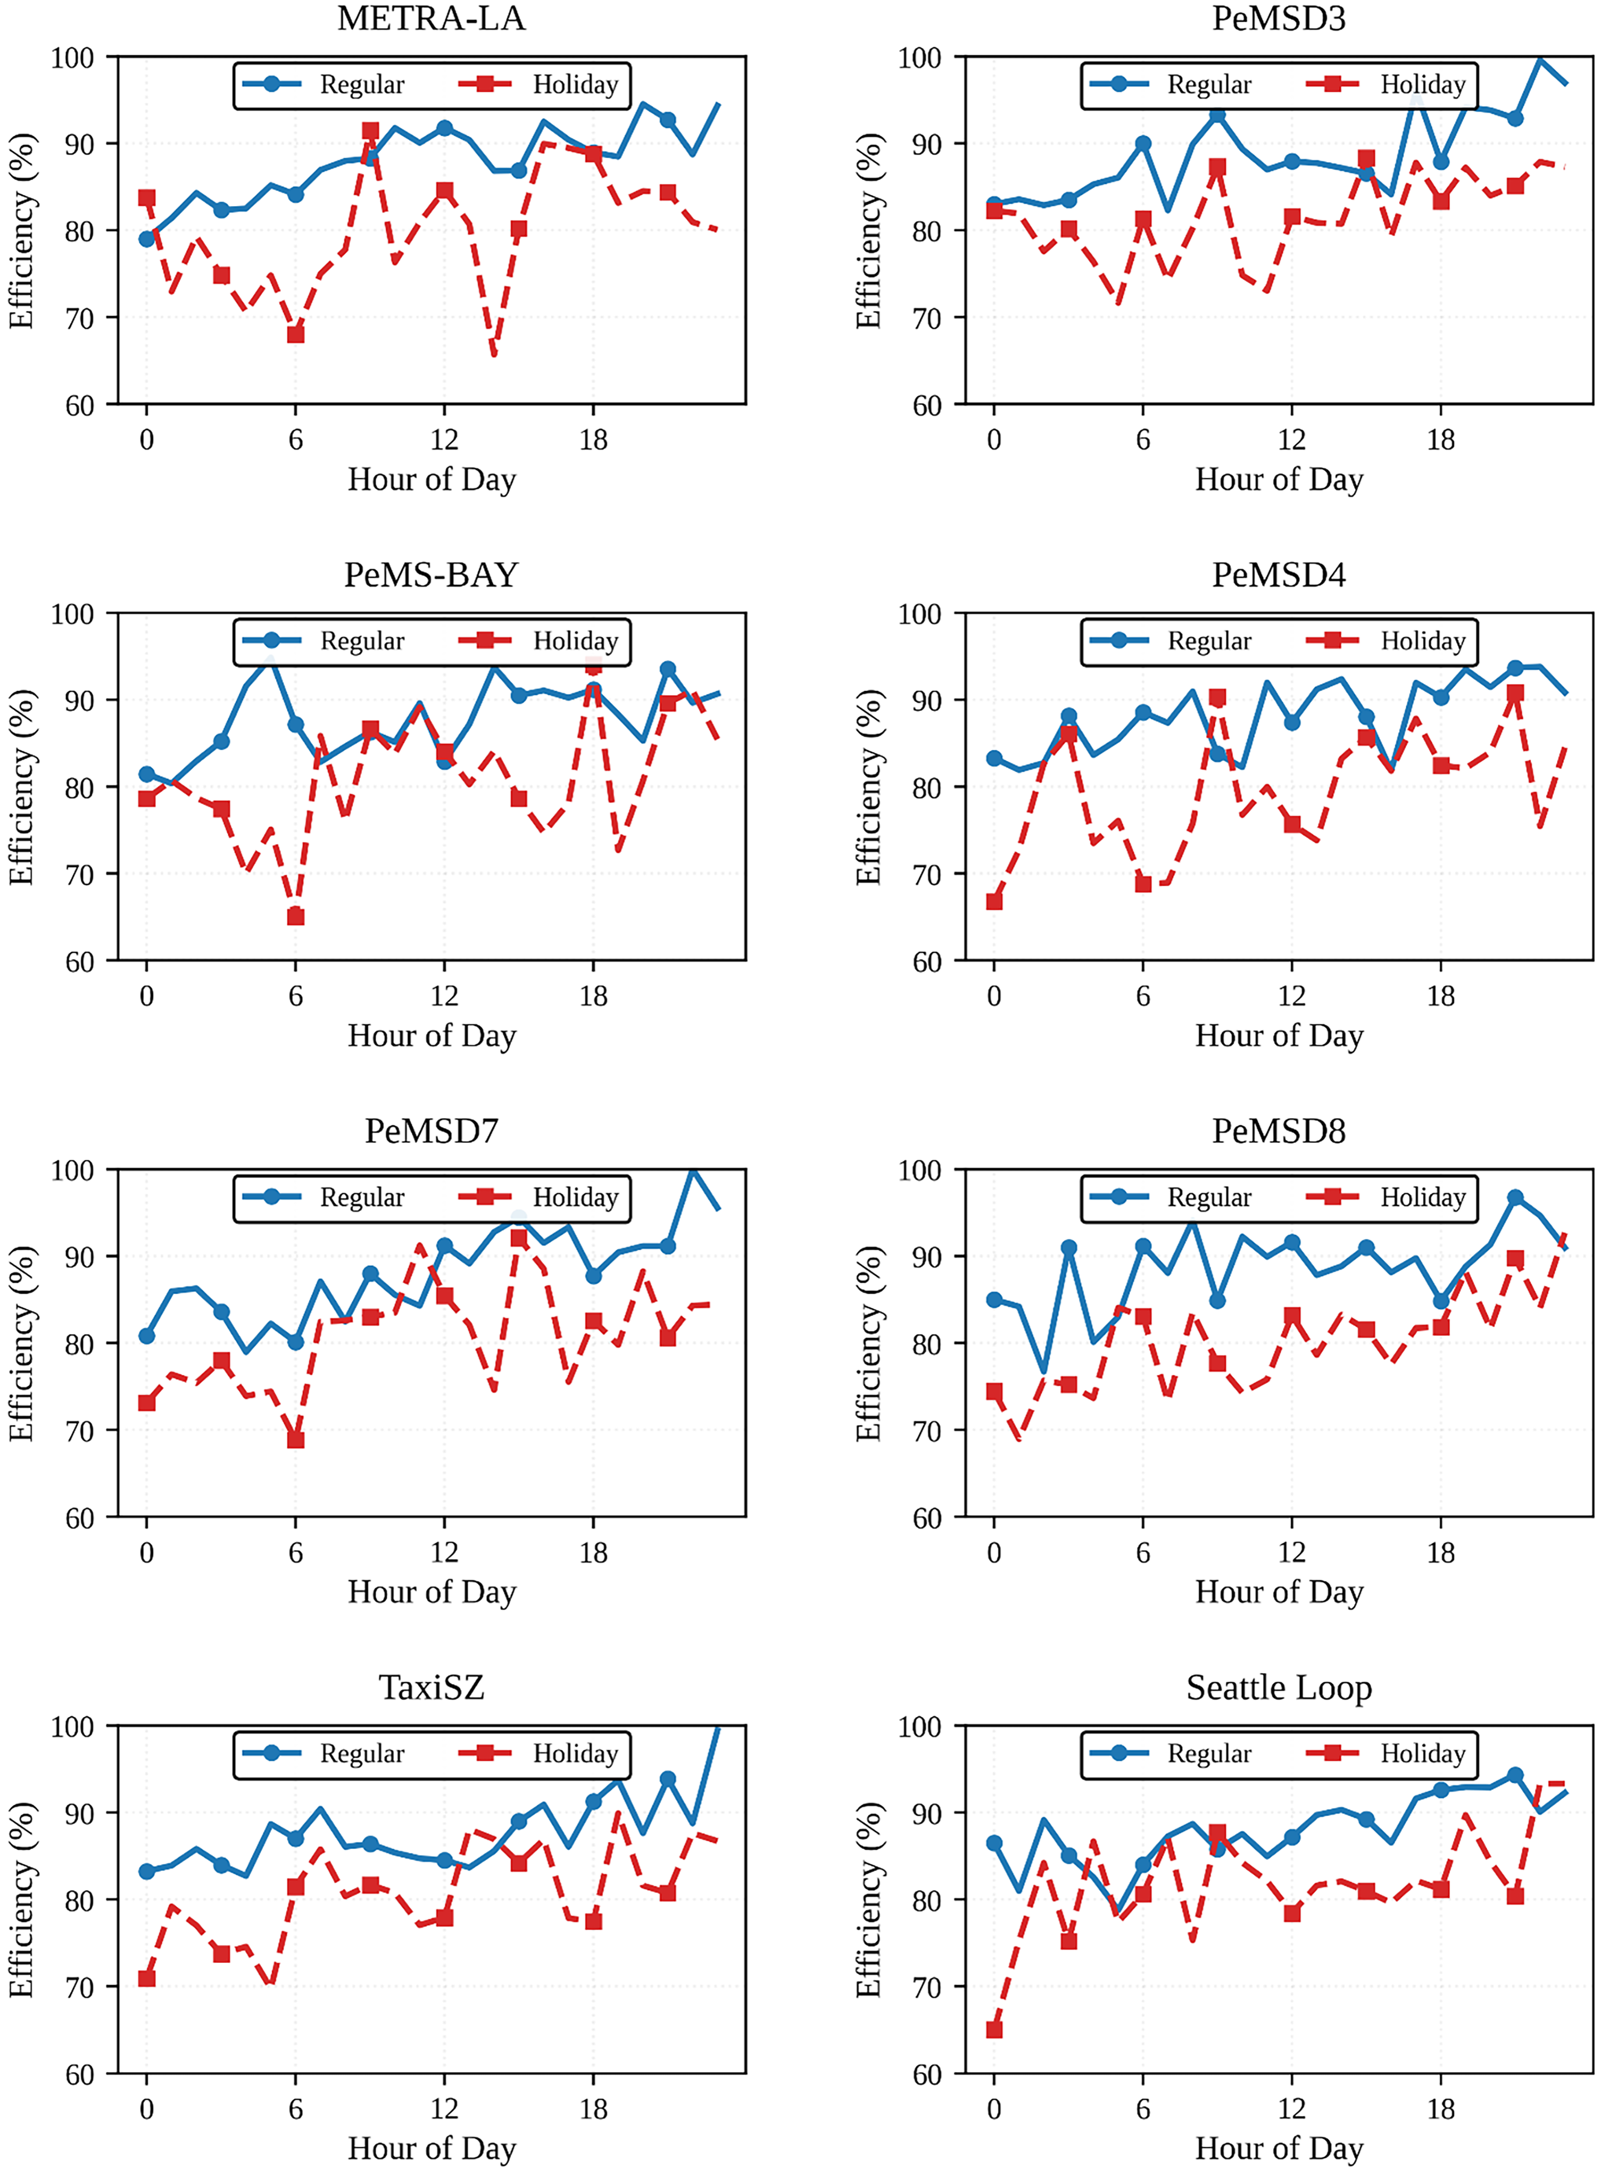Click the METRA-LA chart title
tap(431, 19)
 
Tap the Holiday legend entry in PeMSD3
tap(1421, 86)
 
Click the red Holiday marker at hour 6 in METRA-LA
tap(296, 334)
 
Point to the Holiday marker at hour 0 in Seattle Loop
tap(994, 2029)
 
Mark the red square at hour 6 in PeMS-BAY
tap(296, 917)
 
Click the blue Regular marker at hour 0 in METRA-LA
tap(147, 239)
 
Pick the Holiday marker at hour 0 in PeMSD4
tap(994, 901)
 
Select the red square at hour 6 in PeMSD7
tap(296, 1440)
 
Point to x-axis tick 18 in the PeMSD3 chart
tap(1440, 440)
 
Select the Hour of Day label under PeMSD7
tap(431, 1592)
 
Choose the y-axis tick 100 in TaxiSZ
tap(73, 1727)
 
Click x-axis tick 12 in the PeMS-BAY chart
tap(444, 997)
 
